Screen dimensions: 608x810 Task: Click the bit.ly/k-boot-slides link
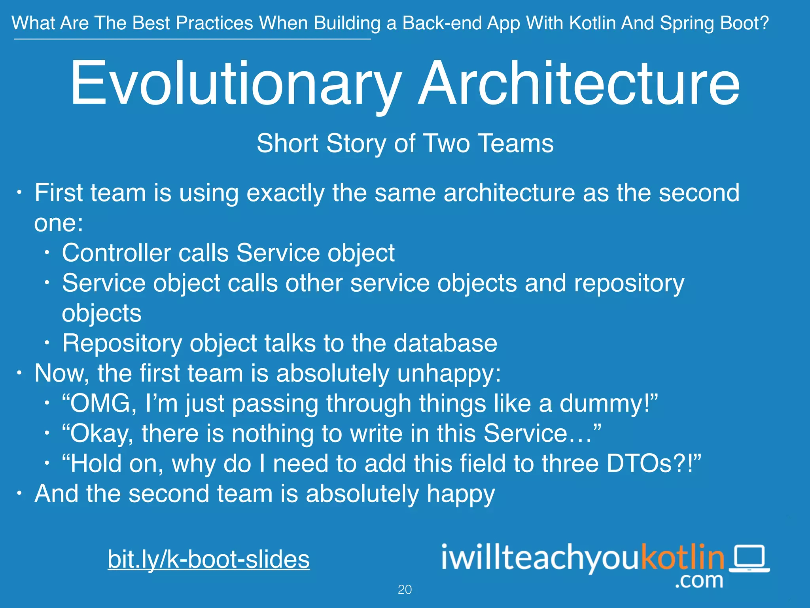click(x=208, y=559)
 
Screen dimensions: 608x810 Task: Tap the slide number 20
click(x=405, y=590)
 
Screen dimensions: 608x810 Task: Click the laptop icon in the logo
click(x=749, y=559)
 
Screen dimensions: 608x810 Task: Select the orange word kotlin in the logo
click(x=682, y=557)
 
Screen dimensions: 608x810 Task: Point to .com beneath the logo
click(x=699, y=581)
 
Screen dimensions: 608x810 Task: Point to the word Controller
click(x=117, y=253)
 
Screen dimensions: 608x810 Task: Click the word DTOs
click(x=639, y=464)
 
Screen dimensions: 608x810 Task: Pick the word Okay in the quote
click(x=101, y=434)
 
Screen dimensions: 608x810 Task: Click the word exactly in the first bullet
click(x=285, y=193)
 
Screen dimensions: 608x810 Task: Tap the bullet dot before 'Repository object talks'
click(x=47, y=343)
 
